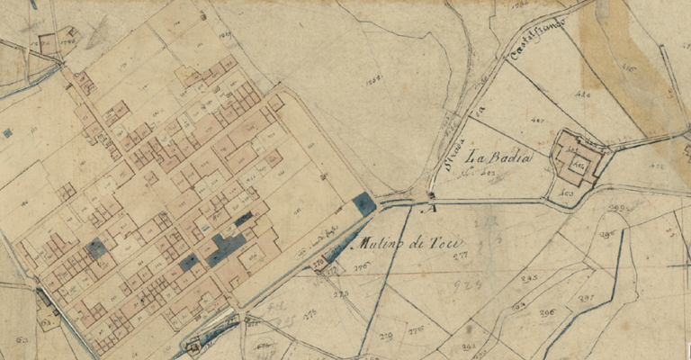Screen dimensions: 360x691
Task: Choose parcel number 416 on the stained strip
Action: [628, 68]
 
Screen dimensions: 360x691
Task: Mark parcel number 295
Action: [529, 279]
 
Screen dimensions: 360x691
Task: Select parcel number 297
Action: [585, 298]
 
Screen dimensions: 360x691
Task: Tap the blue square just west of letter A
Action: [364, 203]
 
